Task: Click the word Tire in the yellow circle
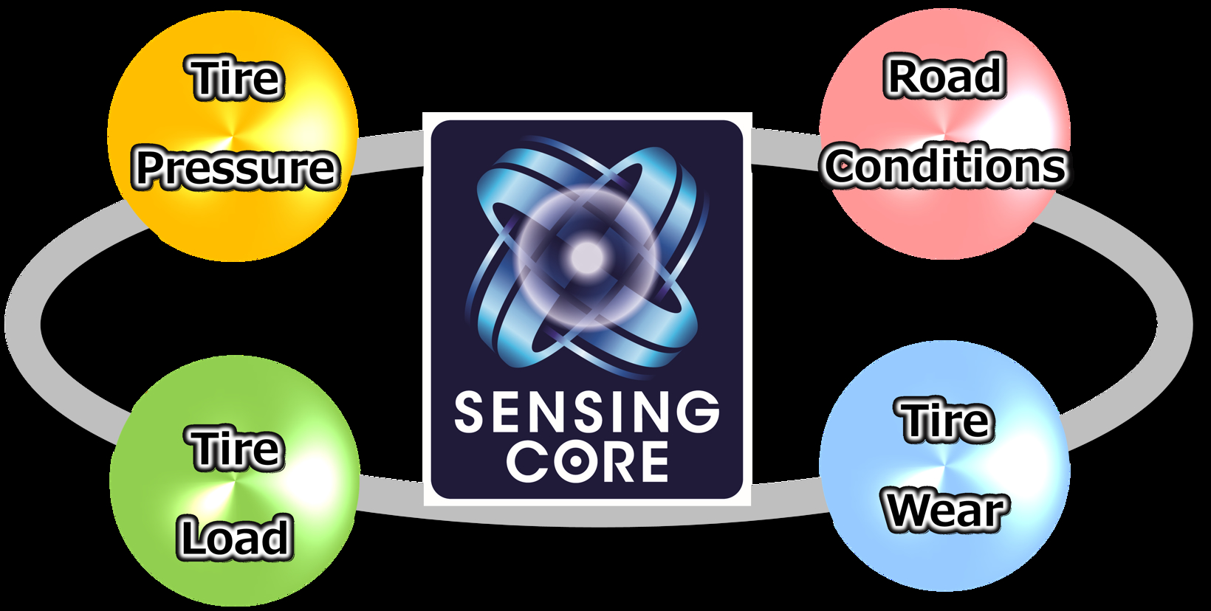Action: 236,79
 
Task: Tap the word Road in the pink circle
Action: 945,77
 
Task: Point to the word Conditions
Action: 945,166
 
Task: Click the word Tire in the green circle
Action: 236,448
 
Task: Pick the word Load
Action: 235,537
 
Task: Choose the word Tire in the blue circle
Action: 945,421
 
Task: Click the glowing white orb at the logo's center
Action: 587,257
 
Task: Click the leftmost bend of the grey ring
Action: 22,325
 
